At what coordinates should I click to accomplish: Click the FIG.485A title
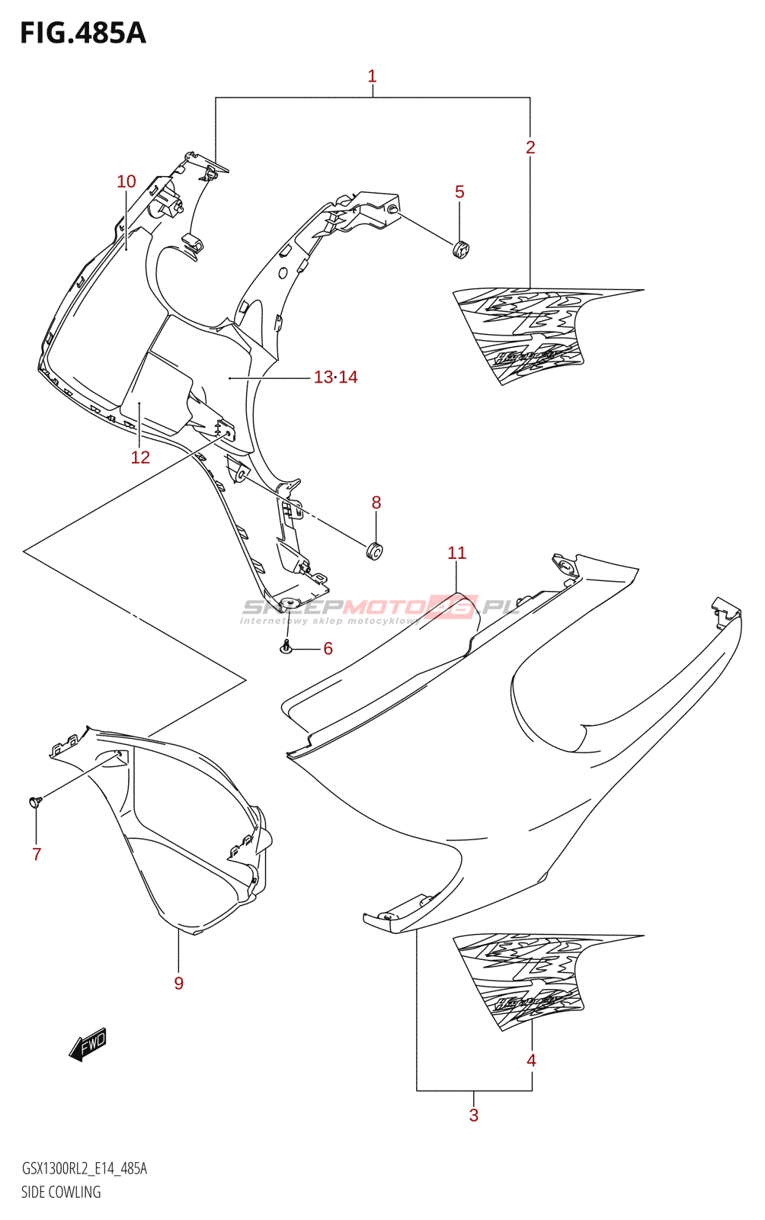[82, 33]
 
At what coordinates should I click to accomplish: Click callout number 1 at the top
[372, 76]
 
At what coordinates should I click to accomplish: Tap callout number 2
[530, 147]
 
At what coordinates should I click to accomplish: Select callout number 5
[459, 191]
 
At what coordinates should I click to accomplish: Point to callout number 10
[126, 181]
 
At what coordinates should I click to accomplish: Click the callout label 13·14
[335, 377]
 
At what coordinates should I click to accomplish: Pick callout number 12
[140, 457]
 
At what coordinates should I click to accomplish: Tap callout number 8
[376, 502]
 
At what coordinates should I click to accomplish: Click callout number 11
[456, 553]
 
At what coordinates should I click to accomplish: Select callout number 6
[328, 648]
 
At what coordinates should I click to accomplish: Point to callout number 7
[37, 854]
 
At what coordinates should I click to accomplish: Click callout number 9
[178, 983]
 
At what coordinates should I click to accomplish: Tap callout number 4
[531, 1060]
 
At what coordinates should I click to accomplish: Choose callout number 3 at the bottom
[473, 1116]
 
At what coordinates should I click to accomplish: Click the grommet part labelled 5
[461, 248]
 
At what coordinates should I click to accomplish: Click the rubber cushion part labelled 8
[374, 550]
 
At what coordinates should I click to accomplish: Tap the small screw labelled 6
[286, 648]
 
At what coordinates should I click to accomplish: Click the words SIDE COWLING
[61, 1192]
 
